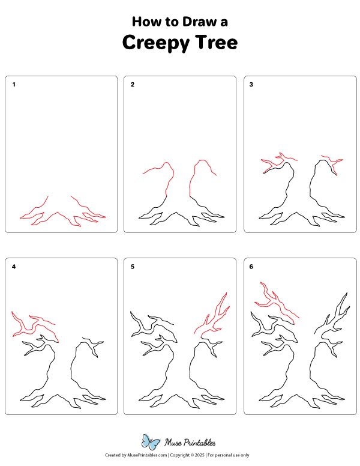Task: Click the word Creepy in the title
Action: pyautogui.click(x=155, y=43)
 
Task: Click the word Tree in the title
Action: pyautogui.click(x=216, y=42)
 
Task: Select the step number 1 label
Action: pyautogui.click(x=14, y=85)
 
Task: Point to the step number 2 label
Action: pyautogui.click(x=133, y=85)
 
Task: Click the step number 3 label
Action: pyautogui.click(x=251, y=85)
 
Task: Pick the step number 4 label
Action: pyautogui.click(x=14, y=267)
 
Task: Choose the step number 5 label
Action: pyautogui.click(x=133, y=267)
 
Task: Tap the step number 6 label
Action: pyautogui.click(x=251, y=267)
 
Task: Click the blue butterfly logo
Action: pyautogui.click(x=151, y=441)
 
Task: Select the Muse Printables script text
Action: pyautogui.click(x=190, y=443)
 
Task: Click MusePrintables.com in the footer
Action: pyautogui.click(x=147, y=455)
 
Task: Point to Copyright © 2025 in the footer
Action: pyautogui.click(x=187, y=455)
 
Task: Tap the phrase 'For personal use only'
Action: pyautogui.click(x=228, y=455)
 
